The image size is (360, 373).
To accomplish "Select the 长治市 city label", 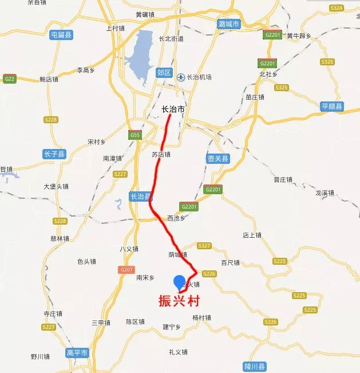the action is point(173,109).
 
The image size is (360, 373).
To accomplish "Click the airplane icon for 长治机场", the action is point(181,77).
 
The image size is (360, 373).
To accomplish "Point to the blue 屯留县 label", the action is point(61,35).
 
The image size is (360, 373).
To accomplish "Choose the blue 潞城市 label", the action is point(229,25).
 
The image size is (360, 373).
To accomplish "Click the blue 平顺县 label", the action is point(332,107).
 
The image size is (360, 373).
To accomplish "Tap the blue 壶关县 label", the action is point(217,158).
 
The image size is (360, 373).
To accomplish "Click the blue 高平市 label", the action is point(77,352).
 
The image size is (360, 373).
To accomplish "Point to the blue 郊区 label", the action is point(164,72).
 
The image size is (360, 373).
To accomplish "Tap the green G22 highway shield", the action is point(9,78).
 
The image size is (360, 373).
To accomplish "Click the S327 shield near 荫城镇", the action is point(204,246).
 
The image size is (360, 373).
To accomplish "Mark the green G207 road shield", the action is point(126,269).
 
